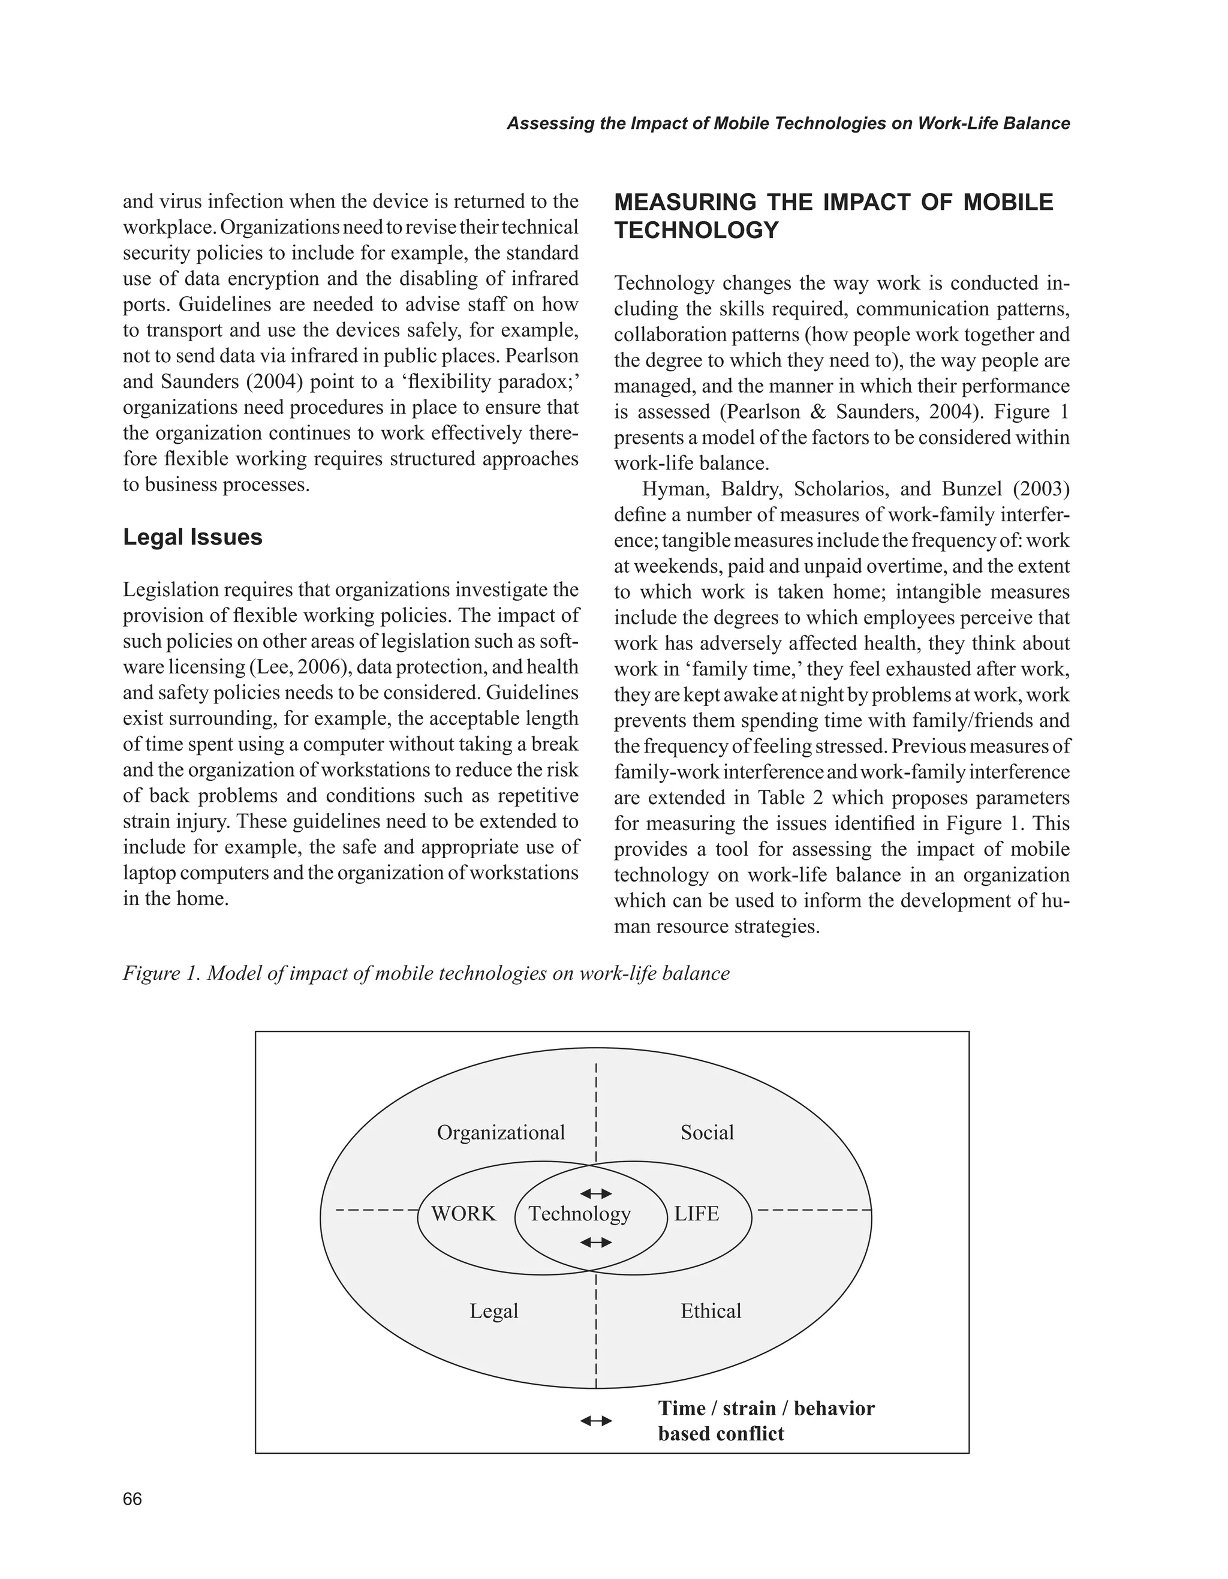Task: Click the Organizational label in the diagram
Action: (501, 1132)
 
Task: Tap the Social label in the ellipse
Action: (707, 1132)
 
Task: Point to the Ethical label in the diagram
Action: (711, 1311)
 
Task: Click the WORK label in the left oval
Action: (463, 1214)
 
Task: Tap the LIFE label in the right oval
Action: (697, 1214)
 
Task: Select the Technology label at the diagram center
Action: (579, 1214)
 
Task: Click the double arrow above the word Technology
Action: (596, 1193)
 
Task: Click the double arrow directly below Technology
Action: (596, 1242)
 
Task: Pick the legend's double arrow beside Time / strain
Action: (596, 1421)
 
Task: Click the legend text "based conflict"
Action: (721, 1434)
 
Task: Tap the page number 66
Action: (133, 1499)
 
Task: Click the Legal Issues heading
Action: (192, 537)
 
